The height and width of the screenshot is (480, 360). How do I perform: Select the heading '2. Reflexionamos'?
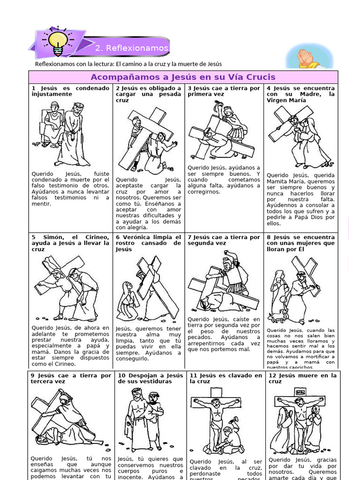(x=131, y=48)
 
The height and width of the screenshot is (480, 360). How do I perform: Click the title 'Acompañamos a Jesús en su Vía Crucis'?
(x=183, y=77)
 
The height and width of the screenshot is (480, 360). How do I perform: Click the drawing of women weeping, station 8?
(x=295, y=291)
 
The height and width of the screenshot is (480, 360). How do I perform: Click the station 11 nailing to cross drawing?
(x=217, y=424)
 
